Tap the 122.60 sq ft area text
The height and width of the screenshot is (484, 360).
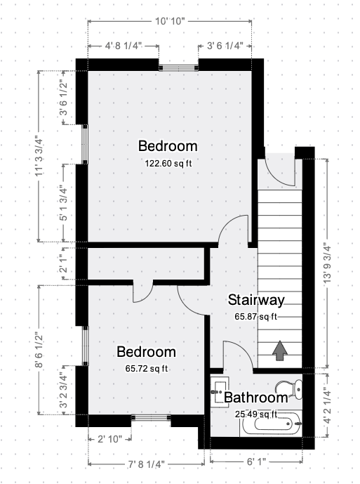[x=168, y=163]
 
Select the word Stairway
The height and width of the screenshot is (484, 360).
[x=256, y=301]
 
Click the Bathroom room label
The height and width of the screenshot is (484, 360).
[x=256, y=399]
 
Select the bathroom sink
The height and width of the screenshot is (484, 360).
[x=218, y=386]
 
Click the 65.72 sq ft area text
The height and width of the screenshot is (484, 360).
[x=146, y=368]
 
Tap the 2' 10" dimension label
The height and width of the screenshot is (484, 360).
[x=109, y=439]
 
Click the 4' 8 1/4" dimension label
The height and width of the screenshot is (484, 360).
[x=123, y=46]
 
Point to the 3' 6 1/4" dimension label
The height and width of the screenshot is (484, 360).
[x=225, y=46]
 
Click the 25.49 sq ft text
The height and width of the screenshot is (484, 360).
[x=256, y=414]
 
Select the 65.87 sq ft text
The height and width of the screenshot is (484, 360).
[x=256, y=317]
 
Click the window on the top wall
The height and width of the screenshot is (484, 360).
[x=178, y=67]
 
